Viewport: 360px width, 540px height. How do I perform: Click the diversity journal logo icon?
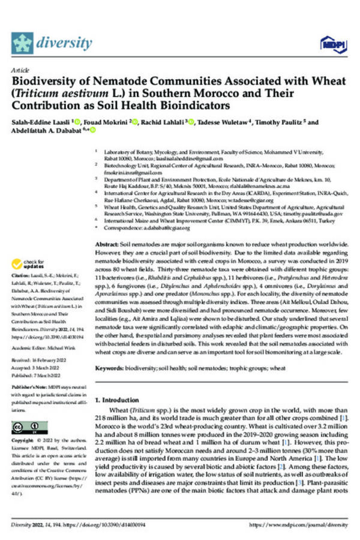coord(23,43)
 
